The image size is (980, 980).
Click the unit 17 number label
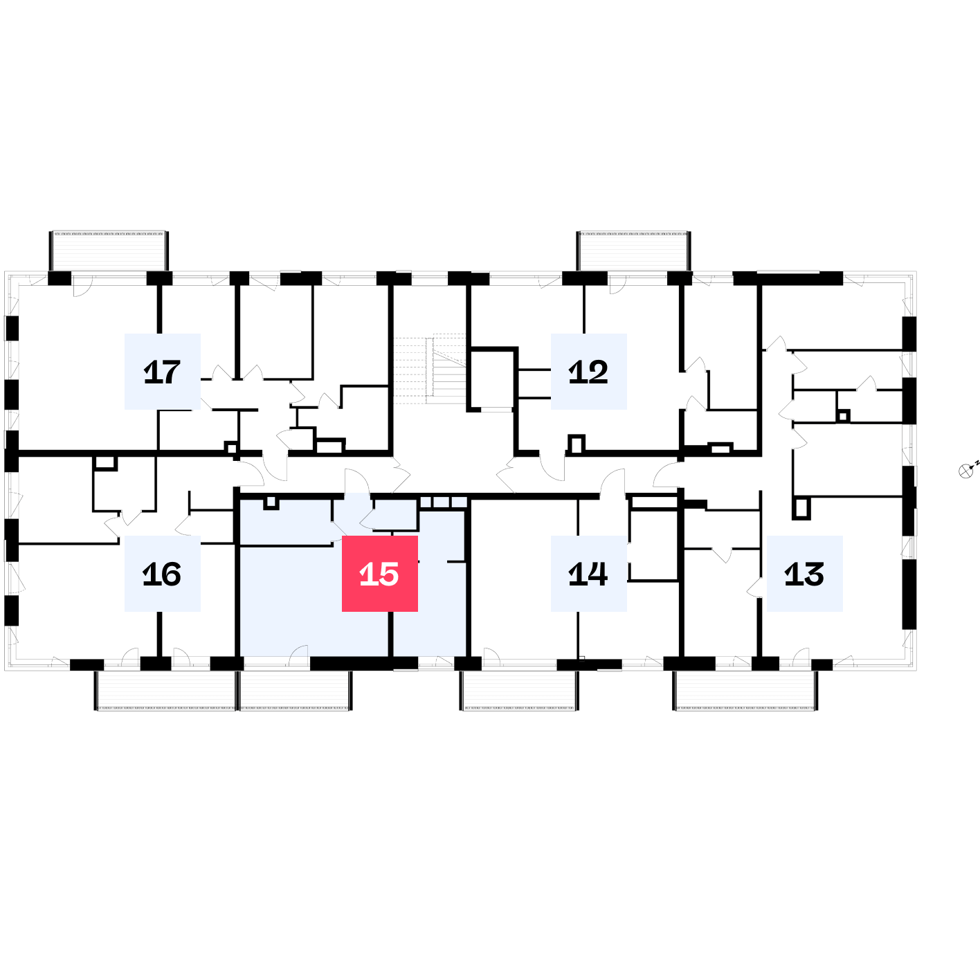click(162, 371)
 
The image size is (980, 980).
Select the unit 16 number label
click(162, 574)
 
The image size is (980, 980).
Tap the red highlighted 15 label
click(380, 574)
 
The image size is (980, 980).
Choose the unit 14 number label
click(589, 574)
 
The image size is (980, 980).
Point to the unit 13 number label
click(805, 574)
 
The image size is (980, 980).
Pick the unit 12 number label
click(589, 371)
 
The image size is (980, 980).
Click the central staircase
click(430, 369)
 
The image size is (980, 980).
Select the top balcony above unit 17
click(109, 251)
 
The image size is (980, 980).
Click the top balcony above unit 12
click(634, 251)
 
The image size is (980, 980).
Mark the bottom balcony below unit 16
click(166, 691)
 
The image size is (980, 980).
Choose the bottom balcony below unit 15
click(296, 691)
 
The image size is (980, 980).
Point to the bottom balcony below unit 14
click(519, 691)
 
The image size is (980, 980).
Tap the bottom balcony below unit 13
click(745, 691)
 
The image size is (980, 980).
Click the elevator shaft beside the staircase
click(492, 379)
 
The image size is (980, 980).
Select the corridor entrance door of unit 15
click(357, 482)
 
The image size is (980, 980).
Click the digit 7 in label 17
click(170, 372)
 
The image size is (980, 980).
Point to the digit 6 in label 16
click(171, 574)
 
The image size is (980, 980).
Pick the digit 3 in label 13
click(814, 574)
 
